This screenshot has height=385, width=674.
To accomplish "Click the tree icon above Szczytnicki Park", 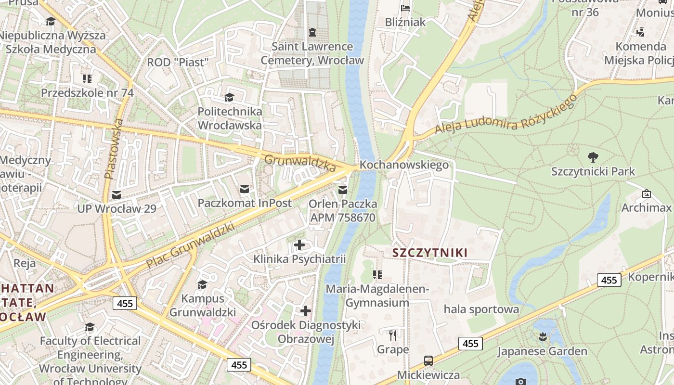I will [x=593, y=157].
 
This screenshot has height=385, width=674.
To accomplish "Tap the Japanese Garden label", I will [x=542, y=351].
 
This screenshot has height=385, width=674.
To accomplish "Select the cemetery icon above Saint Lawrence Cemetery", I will [x=312, y=32].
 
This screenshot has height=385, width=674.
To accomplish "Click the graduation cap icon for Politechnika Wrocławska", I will [x=229, y=97].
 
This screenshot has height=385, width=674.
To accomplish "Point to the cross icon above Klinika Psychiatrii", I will [x=299, y=245].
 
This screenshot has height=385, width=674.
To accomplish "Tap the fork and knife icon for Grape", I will [x=393, y=335].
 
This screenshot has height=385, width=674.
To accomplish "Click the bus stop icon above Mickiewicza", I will [x=428, y=360].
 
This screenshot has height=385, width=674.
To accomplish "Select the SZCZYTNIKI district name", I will [x=430, y=253].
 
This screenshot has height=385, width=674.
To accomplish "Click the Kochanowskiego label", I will [x=404, y=165].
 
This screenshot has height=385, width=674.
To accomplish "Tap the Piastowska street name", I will [x=114, y=149].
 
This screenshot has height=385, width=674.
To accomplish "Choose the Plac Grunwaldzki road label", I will [x=190, y=245].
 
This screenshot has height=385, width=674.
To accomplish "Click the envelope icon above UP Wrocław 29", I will [x=117, y=195].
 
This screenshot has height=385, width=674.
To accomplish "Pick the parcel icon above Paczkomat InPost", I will [x=245, y=189].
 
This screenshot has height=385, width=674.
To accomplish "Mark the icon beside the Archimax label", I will [x=646, y=194].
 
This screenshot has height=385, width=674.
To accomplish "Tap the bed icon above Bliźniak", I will [x=405, y=8].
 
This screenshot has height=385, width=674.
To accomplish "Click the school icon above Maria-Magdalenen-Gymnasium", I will [x=377, y=275].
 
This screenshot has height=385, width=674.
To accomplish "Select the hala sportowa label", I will [x=481, y=309].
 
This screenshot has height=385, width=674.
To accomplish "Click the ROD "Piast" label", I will [x=178, y=62].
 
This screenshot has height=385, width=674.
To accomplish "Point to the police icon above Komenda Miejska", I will [x=640, y=32].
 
